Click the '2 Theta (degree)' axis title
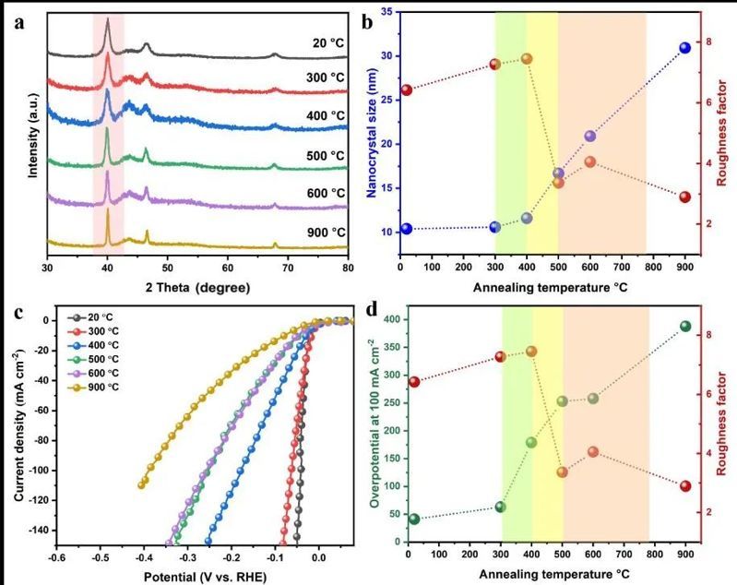[x=197, y=288]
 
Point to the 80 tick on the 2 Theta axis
[x=347, y=268]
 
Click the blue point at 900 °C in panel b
[x=685, y=48]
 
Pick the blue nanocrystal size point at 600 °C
[x=590, y=137]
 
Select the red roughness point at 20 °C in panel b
[x=406, y=90]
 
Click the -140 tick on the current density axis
[x=37, y=531]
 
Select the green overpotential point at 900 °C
[x=685, y=327]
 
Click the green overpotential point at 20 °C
[x=414, y=519]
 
